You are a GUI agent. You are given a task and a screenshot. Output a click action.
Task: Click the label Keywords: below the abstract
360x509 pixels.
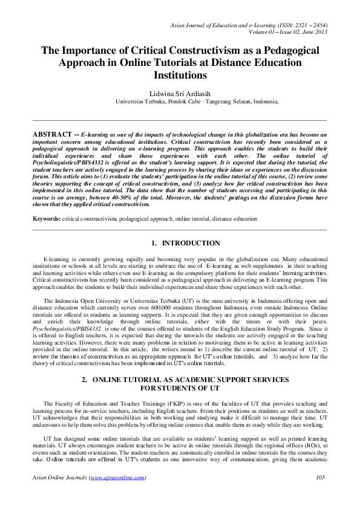46,218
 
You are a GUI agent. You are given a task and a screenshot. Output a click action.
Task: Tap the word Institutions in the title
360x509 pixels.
179,76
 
